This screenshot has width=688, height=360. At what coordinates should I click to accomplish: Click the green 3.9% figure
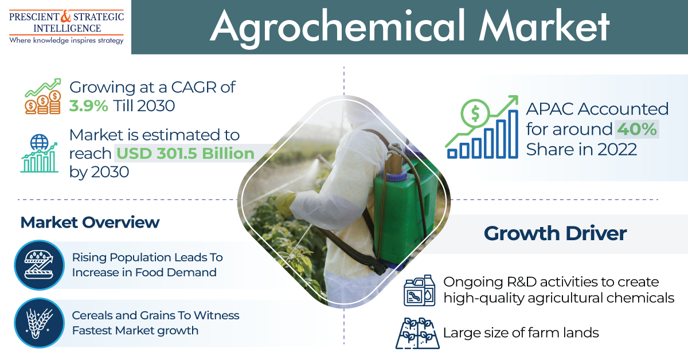coord(88,106)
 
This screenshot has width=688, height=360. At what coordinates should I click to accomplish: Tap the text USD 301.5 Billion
coord(186,153)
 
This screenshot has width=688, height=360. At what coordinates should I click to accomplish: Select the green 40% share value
coord(637,129)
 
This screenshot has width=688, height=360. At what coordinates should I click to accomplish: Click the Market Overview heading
coord(90,222)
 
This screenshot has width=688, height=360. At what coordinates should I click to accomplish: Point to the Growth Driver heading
coord(556,233)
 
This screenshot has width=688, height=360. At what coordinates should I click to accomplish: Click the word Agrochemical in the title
coord(339,27)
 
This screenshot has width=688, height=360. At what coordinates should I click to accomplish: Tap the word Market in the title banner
coord(545,26)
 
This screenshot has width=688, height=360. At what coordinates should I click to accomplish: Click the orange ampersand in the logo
coord(66,16)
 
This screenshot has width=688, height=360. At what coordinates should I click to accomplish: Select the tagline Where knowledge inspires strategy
coord(67,40)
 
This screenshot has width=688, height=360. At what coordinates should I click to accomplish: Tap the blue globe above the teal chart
coord(40,142)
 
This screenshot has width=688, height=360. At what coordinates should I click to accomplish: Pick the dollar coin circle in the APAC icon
coord(475,113)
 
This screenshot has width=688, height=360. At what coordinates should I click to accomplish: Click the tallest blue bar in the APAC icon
coord(513,134)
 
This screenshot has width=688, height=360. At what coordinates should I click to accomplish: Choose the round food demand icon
coord(40,265)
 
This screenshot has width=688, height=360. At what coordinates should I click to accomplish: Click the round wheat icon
coord(40,323)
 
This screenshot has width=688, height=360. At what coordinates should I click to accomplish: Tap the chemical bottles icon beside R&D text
coord(420,290)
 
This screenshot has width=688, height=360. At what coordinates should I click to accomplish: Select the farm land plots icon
coord(417,333)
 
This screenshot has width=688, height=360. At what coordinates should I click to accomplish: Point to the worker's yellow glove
coord(285,203)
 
